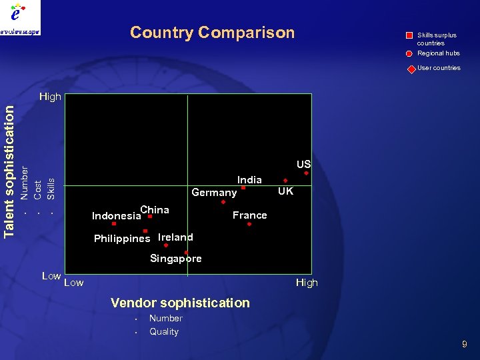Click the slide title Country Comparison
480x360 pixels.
212,33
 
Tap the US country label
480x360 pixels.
303,164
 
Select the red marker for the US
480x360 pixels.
307,174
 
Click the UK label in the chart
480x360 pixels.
285,191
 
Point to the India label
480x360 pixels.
249,179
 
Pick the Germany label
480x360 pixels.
214,193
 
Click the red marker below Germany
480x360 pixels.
223,202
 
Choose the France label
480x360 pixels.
249,215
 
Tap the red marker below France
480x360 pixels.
249,225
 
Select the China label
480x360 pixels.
155,209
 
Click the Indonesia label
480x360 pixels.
116,216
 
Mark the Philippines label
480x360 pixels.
122,239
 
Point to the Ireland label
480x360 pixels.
175,237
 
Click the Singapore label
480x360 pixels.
175,259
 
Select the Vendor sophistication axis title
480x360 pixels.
180,303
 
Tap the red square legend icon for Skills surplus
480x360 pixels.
409,35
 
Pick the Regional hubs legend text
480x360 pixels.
438,53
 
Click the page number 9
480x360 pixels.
465,344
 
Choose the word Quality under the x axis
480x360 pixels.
164,331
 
